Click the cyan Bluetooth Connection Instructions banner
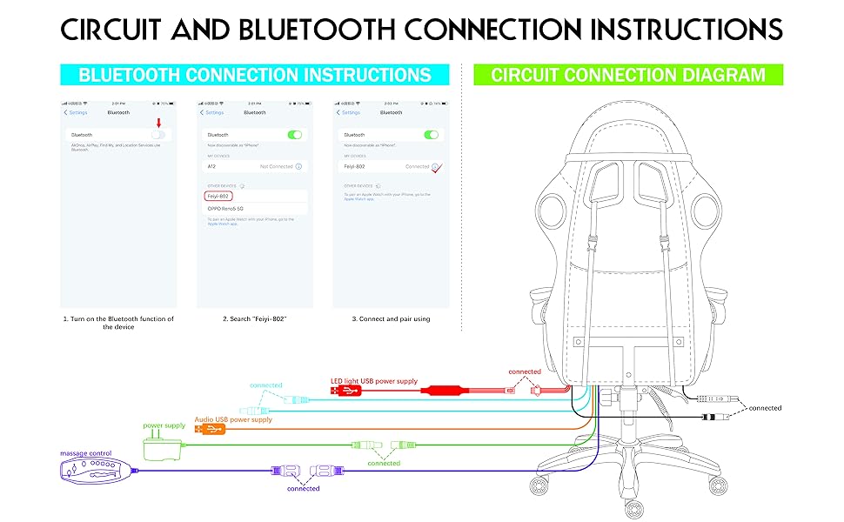(255, 74)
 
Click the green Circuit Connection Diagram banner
(628, 74)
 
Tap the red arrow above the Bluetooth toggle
(158, 124)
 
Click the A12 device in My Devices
(211, 165)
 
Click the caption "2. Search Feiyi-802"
(254, 319)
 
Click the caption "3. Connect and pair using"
(391, 319)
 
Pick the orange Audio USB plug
(209, 429)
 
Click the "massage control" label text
(86, 453)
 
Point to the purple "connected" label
(304, 488)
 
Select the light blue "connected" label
(266, 385)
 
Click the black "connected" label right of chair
(766, 407)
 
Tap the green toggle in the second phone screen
(296, 135)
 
